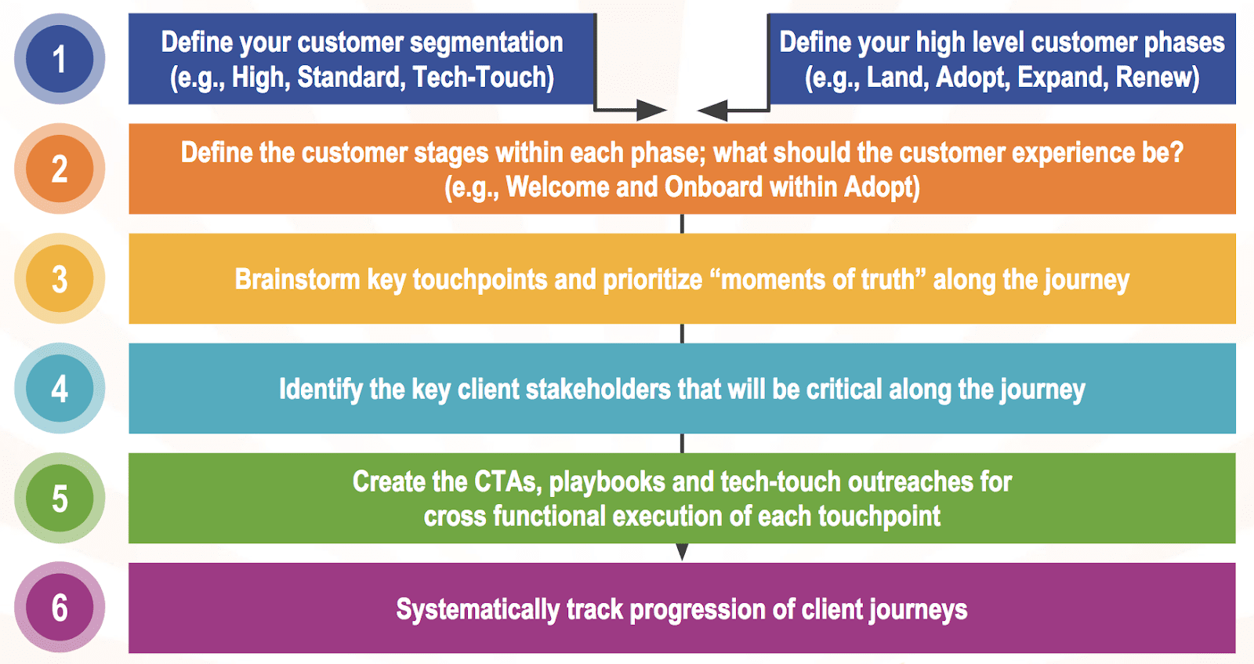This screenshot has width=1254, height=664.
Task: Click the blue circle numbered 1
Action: pyautogui.click(x=60, y=59)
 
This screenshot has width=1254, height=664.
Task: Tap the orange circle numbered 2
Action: pyautogui.click(x=60, y=169)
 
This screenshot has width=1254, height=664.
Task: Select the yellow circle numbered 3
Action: pyautogui.click(x=60, y=278)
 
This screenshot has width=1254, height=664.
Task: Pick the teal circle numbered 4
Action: pyautogui.click(x=60, y=388)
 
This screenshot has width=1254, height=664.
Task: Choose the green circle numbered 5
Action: pyautogui.click(x=60, y=498)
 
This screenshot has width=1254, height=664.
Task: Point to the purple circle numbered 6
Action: pyautogui.click(x=60, y=608)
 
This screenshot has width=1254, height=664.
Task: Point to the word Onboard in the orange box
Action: pyautogui.click(x=713, y=187)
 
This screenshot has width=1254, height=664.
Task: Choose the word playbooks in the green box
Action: pyautogui.click(x=607, y=482)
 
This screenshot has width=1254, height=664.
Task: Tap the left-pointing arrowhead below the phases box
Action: pyautogui.click(x=712, y=111)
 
